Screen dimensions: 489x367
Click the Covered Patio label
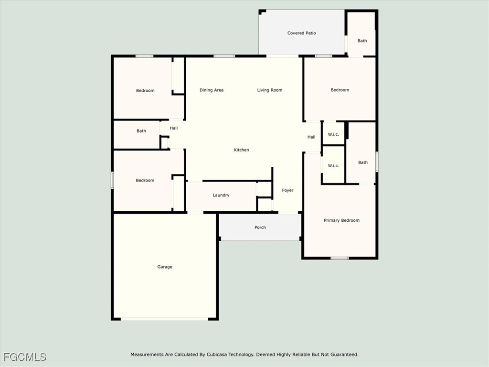[x=302, y=33]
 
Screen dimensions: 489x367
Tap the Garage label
[x=165, y=267]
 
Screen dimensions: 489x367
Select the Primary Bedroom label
[x=341, y=220]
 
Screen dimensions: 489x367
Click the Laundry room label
[x=221, y=195]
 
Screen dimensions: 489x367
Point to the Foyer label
[x=287, y=190]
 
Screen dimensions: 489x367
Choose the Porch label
[x=260, y=227]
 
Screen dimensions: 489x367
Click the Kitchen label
[x=241, y=150]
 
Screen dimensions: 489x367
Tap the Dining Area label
[x=212, y=90]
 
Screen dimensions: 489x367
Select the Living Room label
[x=270, y=90]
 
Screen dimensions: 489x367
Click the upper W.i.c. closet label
[x=333, y=134]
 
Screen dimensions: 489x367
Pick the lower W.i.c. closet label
[x=333, y=166]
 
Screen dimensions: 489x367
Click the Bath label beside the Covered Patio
[x=362, y=41]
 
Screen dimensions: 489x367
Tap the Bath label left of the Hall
[x=141, y=131]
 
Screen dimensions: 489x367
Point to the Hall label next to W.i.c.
[x=311, y=137]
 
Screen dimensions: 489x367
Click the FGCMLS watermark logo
[x=25, y=356]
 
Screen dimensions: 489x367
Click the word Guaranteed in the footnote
[x=344, y=355]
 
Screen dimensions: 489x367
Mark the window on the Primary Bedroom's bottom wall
[x=340, y=258]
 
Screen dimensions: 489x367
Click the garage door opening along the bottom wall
[x=164, y=319]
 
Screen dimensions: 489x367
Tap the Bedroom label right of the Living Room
[x=340, y=90]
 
